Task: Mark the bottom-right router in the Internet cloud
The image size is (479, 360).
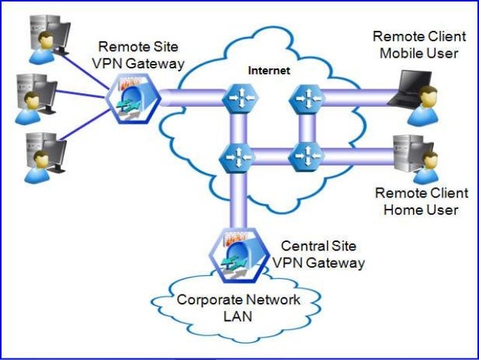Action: pyautogui.click(x=308, y=157)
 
